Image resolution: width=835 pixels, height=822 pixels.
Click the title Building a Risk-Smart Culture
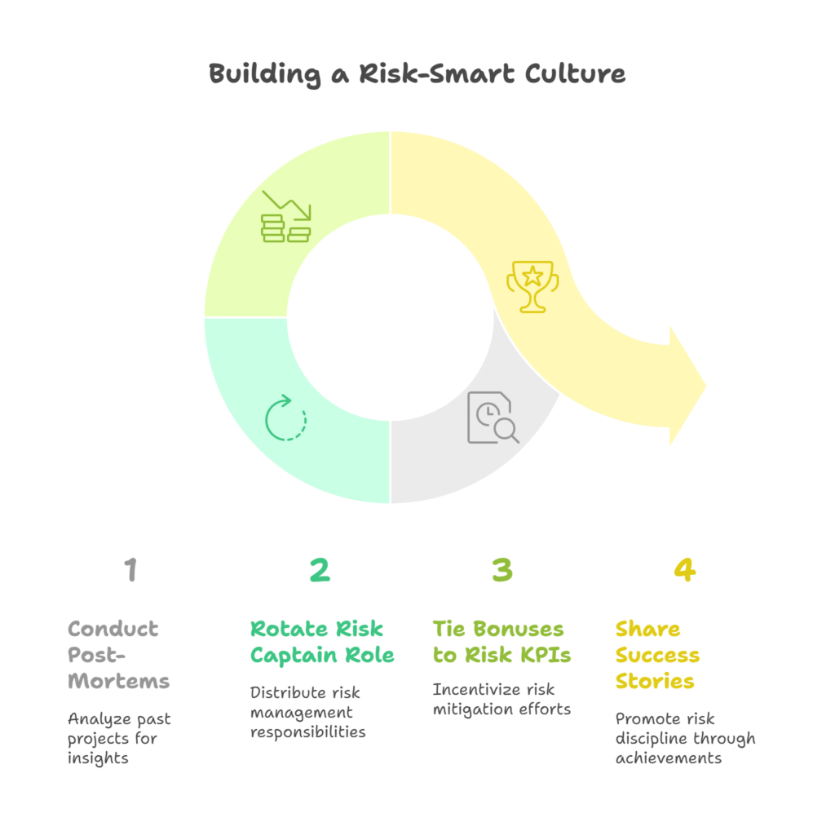tap(417, 73)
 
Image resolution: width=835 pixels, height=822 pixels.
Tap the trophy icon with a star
tap(532, 285)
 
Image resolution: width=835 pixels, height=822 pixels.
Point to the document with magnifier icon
tap(493, 418)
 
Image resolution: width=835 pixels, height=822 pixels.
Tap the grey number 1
tap(130, 570)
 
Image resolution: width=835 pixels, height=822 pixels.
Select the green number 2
tap(320, 570)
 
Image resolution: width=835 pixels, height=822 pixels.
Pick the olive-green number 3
tap(502, 570)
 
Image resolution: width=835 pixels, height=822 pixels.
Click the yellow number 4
tap(684, 570)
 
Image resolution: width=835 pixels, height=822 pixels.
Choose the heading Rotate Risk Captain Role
tap(322, 642)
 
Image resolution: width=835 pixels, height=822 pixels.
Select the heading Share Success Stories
tap(657, 655)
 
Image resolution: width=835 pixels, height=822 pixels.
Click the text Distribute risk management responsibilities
tap(308, 712)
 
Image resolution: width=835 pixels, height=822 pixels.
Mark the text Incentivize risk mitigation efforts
tap(501, 699)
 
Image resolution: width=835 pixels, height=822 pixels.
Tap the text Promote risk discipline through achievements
tap(685, 738)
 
